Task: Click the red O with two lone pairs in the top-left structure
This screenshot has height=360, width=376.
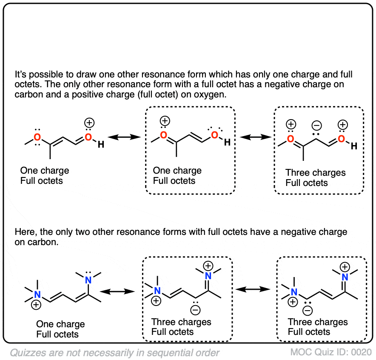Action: (x=37, y=137)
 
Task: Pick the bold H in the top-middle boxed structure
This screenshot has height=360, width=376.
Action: (x=227, y=143)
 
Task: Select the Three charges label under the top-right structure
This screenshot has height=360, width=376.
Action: (x=315, y=173)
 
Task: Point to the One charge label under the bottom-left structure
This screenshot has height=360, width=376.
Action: (x=60, y=324)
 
